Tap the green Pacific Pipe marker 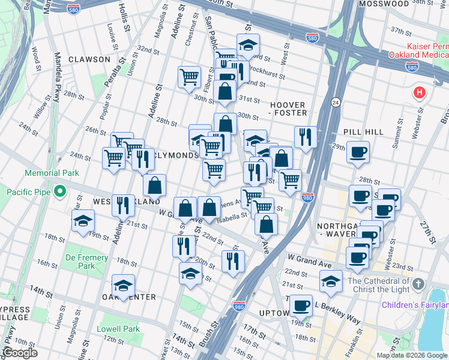tap(59, 192)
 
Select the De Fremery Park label tap(87, 261)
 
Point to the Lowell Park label tap(122, 329)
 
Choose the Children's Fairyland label tap(415, 305)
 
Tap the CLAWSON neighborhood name tap(89, 59)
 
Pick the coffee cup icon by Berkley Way tap(301, 305)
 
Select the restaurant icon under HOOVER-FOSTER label tap(306, 137)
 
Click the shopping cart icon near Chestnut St tap(189, 76)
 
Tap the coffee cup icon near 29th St tap(358, 152)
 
